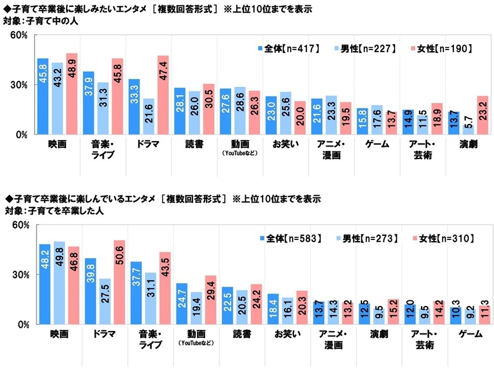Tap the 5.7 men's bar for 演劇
point(467,129)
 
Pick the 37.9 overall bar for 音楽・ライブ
point(88,103)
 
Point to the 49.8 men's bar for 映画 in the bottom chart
point(59,283)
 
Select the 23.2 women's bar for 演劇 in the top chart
point(482,115)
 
